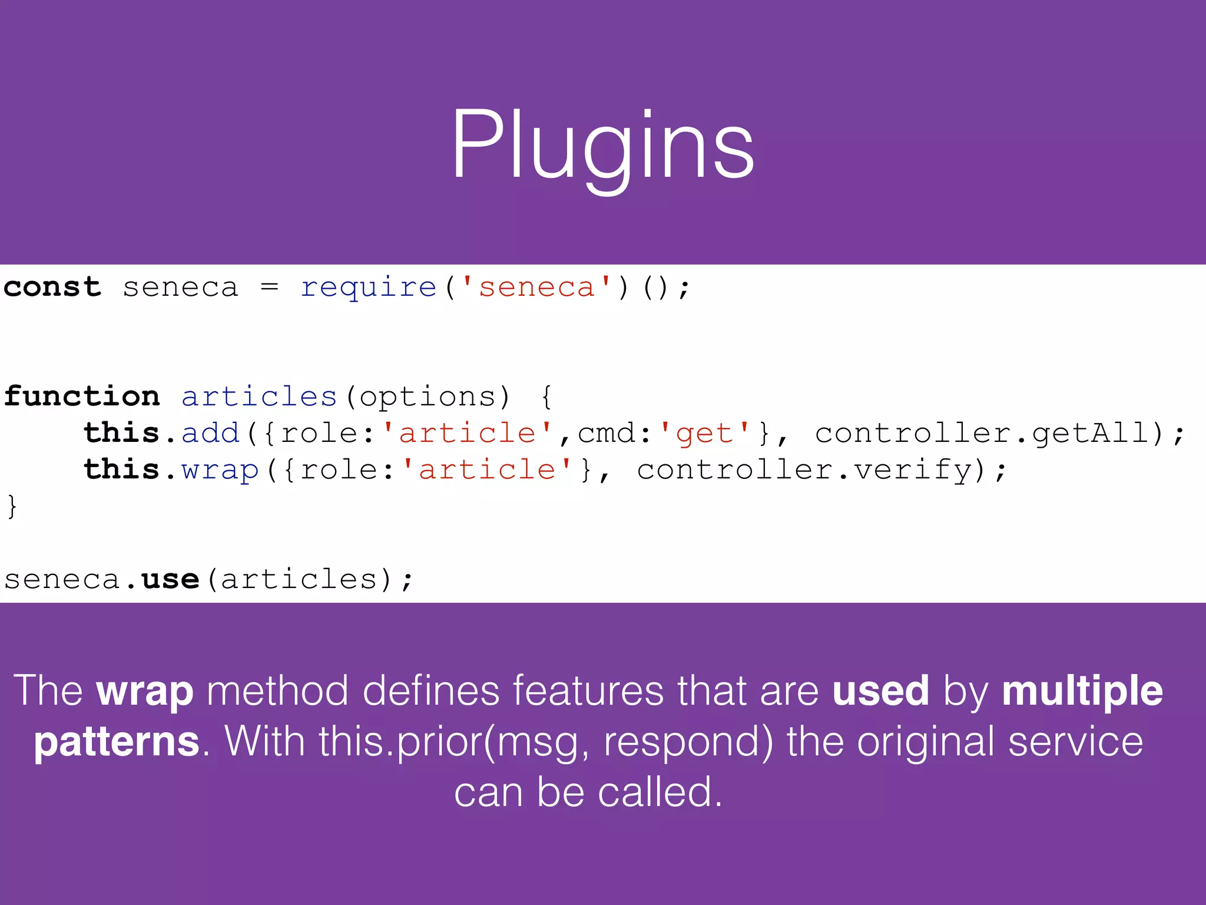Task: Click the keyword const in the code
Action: click(x=52, y=288)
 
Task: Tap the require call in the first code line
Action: click(x=369, y=288)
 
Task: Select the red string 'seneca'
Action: click(x=536, y=288)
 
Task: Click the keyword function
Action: click(x=82, y=396)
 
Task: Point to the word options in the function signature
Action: click(x=428, y=397)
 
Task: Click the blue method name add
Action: click(x=210, y=433)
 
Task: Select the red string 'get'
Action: click(x=704, y=434)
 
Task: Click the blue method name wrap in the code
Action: click(x=220, y=470)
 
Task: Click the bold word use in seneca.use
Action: click(x=170, y=579)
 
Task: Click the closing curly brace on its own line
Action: click(x=12, y=506)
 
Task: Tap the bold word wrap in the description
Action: click(x=145, y=691)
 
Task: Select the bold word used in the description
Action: click(x=880, y=691)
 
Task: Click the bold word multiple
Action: click(x=1082, y=691)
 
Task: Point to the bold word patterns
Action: click(x=117, y=742)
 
